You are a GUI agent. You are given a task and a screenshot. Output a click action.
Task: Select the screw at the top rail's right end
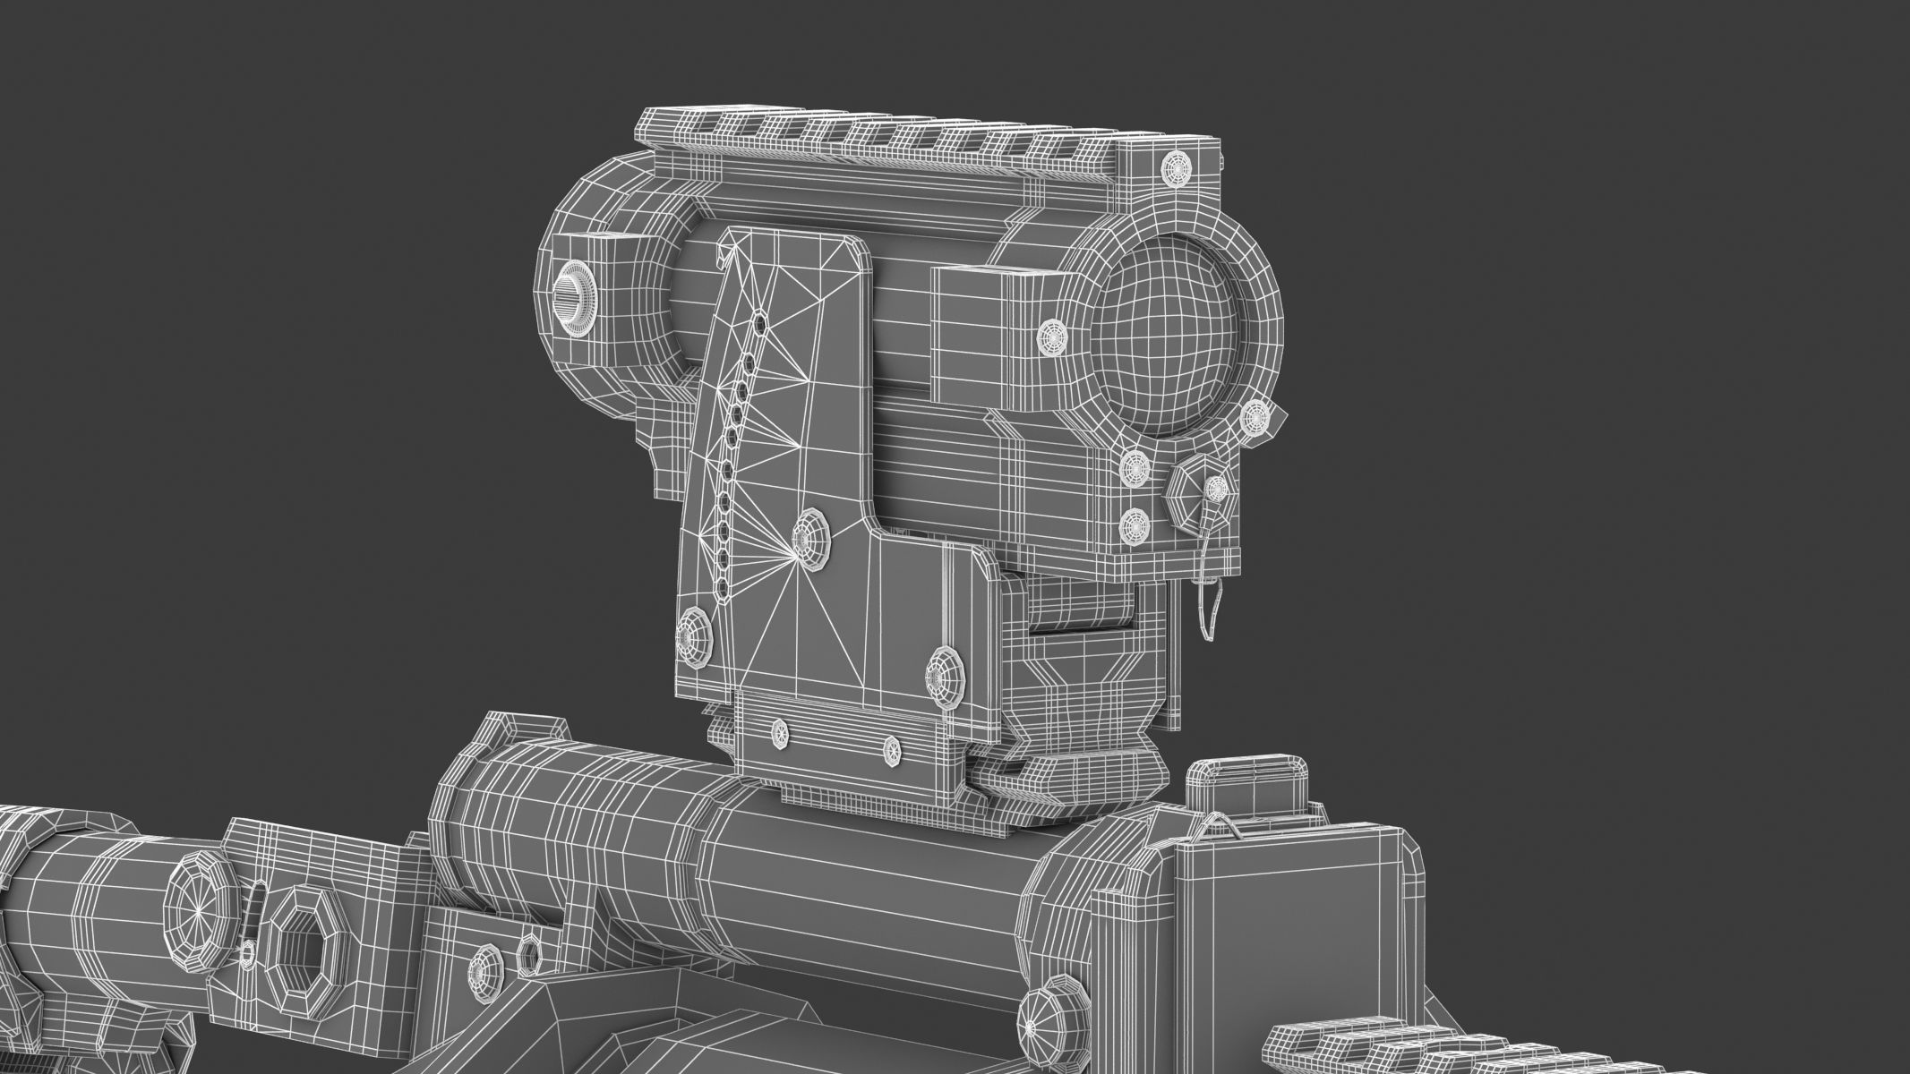pos(1176,168)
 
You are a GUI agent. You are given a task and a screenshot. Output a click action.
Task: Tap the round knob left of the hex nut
pos(196,912)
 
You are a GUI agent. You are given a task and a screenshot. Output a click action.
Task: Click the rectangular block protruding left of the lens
pos(985,331)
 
